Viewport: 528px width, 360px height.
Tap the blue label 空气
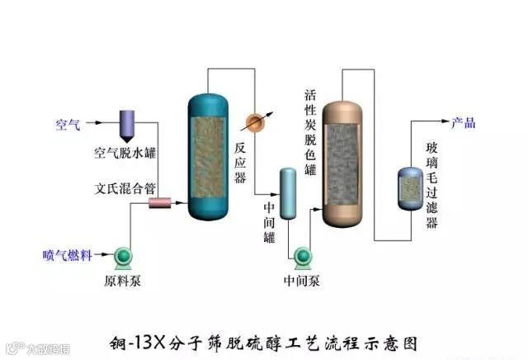coord(68,125)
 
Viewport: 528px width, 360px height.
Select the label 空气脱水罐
coord(125,153)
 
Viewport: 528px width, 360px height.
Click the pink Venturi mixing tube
coord(158,202)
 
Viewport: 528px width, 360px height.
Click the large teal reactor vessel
coord(207,156)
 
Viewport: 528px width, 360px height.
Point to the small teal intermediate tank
coord(288,193)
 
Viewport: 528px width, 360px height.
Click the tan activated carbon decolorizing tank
coord(343,163)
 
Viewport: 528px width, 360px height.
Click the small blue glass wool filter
coord(410,188)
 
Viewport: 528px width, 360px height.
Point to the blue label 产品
coord(463,124)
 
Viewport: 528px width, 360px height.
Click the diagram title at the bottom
coord(273,339)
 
